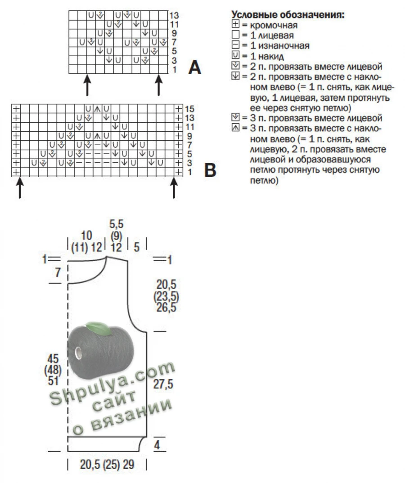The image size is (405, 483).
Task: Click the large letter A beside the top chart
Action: point(195,67)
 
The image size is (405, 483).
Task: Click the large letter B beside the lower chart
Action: point(210,170)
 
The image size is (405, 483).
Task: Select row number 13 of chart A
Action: point(174,15)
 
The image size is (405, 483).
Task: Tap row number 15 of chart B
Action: point(189,109)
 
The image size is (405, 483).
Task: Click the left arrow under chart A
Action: point(88,85)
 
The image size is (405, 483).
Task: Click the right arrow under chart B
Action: point(174,188)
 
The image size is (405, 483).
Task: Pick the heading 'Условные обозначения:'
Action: point(288,14)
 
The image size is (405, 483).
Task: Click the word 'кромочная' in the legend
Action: point(274,25)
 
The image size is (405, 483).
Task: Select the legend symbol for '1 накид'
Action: point(235,55)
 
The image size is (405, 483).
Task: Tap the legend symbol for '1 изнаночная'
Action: point(235,45)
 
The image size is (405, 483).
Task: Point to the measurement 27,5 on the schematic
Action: point(163,385)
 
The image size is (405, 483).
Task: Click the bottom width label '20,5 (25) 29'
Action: point(107,465)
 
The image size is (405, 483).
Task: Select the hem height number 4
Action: point(157,445)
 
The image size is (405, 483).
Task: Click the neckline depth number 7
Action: point(58,273)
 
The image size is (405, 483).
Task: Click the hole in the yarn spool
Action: point(78,353)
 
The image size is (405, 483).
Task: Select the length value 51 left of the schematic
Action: point(53,381)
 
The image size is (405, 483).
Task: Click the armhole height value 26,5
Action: point(166,308)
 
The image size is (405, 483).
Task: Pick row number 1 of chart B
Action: point(189,172)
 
